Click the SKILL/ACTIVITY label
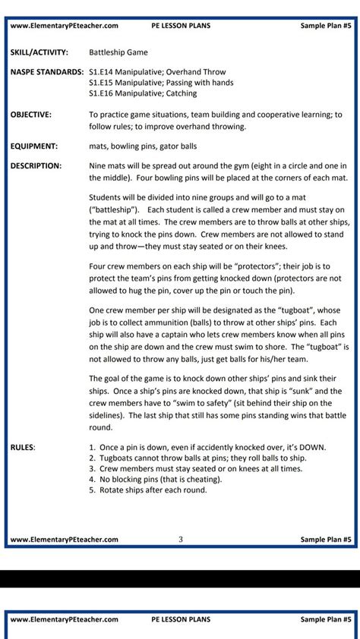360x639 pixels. [x=39, y=52]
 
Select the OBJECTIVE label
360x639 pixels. [x=31, y=115]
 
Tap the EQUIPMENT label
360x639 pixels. [x=34, y=146]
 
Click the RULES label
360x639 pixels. [x=23, y=447]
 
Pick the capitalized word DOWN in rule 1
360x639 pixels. [x=310, y=447]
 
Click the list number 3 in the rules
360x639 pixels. [x=91, y=468]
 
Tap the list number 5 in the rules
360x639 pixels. [x=91, y=489]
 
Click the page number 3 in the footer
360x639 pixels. [x=180, y=540]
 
